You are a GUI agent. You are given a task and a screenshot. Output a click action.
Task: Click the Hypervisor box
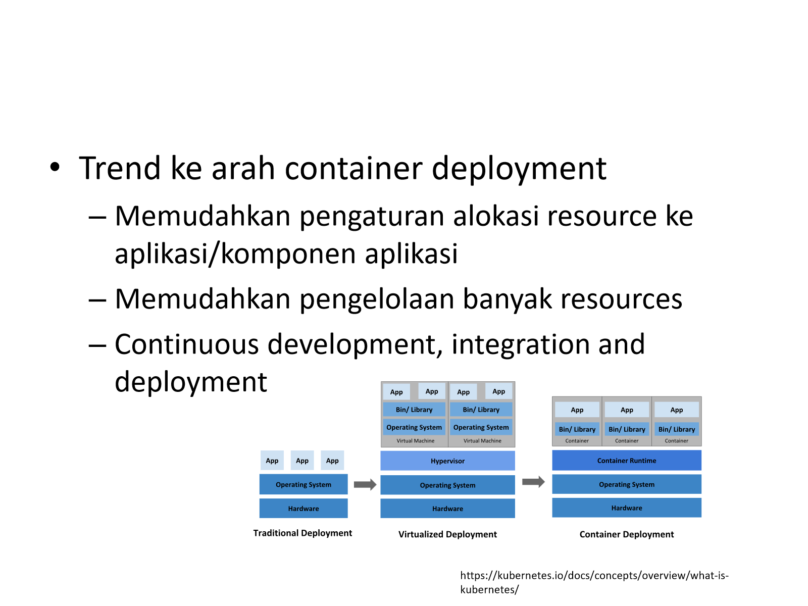click(x=447, y=461)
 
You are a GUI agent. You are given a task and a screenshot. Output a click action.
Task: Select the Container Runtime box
click(x=627, y=460)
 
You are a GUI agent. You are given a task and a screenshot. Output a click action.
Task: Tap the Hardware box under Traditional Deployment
click(x=304, y=509)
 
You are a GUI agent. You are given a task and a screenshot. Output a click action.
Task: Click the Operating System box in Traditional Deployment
click(x=304, y=484)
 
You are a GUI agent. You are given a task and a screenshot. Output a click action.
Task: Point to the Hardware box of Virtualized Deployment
click(x=447, y=509)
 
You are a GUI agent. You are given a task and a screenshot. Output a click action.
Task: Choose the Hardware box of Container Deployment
click(x=627, y=508)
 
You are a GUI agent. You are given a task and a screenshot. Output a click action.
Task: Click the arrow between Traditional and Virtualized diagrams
click(x=365, y=484)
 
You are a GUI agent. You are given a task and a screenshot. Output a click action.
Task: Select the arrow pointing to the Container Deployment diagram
click(x=533, y=482)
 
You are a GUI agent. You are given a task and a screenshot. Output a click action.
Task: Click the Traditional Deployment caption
click(x=302, y=533)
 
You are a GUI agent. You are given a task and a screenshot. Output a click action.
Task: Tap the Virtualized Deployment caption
click(x=447, y=534)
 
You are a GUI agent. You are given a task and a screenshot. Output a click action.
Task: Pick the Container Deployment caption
click(x=627, y=534)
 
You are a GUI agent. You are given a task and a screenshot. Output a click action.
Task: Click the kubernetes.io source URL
click(x=594, y=582)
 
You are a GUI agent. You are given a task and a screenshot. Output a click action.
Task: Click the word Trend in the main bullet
click(x=120, y=168)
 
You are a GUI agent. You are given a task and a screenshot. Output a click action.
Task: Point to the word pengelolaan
click(x=377, y=299)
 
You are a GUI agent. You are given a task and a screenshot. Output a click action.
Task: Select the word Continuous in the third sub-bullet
click(x=187, y=344)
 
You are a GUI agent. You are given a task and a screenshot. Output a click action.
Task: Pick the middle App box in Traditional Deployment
click(x=302, y=460)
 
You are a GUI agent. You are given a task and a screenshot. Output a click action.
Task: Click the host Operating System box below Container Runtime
click(x=627, y=484)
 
